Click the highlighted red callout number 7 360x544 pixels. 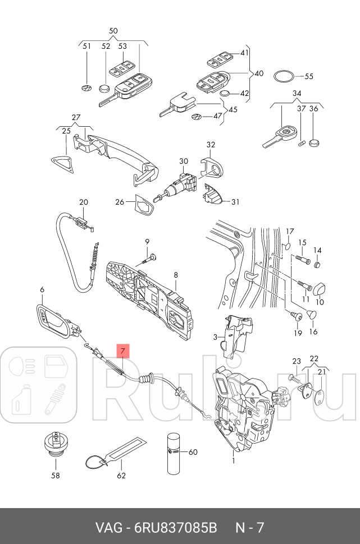coord(123,352)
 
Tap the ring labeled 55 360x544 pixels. coord(284,76)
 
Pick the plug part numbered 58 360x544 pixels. coord(55,447)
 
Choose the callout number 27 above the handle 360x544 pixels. coord(76,117)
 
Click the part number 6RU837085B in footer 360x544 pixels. coord(176,528)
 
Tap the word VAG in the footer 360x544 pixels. coord(108,528)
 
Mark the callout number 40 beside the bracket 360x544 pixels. coord(258,73)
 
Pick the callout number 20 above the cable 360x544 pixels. coord(83,202)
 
